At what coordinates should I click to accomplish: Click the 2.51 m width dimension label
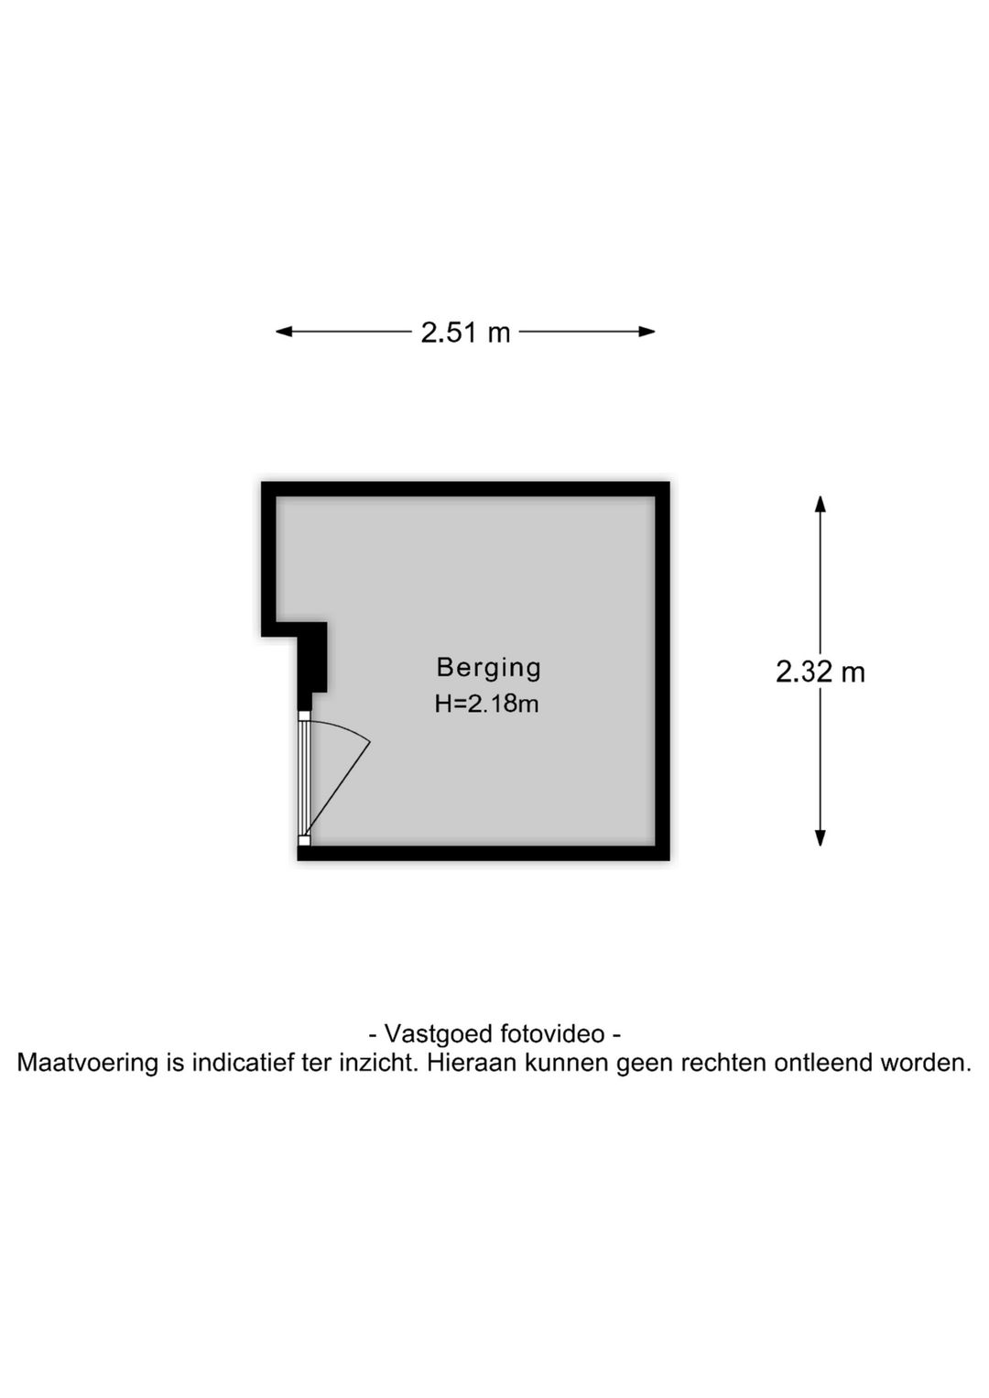[x=465, y=332]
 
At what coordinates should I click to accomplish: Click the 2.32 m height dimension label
[x=821, y=672]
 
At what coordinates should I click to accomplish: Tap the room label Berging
[x=489, y=667]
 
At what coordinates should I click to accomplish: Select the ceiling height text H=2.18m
[x=487, y=704]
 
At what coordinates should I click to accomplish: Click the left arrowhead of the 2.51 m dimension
[x=283, y=332]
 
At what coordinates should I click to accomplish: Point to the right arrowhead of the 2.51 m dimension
[x=647, y=332]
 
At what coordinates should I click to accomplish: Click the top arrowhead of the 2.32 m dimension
[x=821, y=504]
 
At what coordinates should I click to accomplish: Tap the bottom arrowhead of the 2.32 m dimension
[x=821, y=837]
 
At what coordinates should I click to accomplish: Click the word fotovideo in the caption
[x=551, y=1033]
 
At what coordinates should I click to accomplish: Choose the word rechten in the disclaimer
[x=723, y=1062]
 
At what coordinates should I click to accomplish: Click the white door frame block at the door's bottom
[x=304, y=841]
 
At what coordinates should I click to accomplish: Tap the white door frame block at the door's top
[x=304, y=716]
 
